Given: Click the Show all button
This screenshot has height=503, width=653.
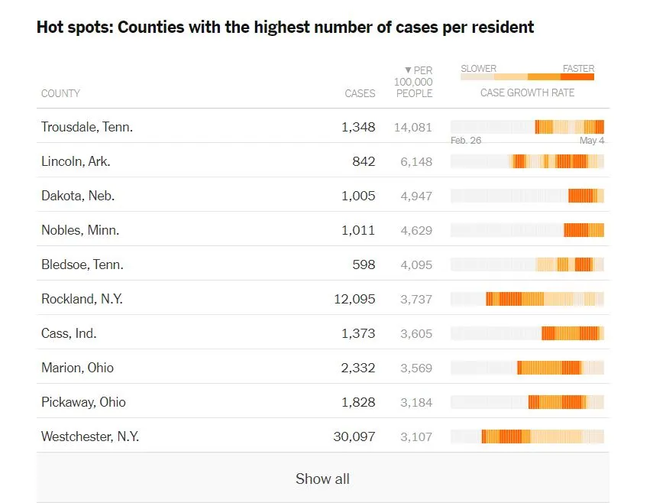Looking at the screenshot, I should pos(322,479).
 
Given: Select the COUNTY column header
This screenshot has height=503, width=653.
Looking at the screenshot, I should pos(60,93).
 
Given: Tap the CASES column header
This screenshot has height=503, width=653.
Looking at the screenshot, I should pos(360,93).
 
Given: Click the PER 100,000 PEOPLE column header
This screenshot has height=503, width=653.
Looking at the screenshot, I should pos(413,82).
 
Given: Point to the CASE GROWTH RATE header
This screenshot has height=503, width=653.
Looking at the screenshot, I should pos(527,92).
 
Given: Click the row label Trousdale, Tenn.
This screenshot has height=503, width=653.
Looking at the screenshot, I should pos(87,127).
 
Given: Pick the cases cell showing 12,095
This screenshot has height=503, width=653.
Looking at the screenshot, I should pos(354,299).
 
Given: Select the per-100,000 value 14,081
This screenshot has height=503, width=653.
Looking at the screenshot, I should pos(413,127).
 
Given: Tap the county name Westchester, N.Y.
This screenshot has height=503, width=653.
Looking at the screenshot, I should pos(90,436).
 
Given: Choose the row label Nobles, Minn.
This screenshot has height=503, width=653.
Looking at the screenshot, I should pos(80,230).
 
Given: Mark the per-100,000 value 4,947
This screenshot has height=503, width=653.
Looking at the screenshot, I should pos(416,196).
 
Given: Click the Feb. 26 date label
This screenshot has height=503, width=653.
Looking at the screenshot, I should pos(466,141).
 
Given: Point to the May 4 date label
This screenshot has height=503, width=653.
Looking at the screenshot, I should pos(592,141).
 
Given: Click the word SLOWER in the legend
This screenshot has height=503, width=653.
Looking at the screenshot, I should pos(478,69).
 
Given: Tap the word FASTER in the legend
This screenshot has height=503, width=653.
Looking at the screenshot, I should pos(578,69).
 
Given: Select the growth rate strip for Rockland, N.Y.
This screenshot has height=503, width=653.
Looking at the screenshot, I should pos(527,299).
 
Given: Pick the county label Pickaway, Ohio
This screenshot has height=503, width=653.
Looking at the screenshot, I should pos(83,402).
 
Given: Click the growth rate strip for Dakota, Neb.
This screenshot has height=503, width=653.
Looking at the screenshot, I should pos(527,196).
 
